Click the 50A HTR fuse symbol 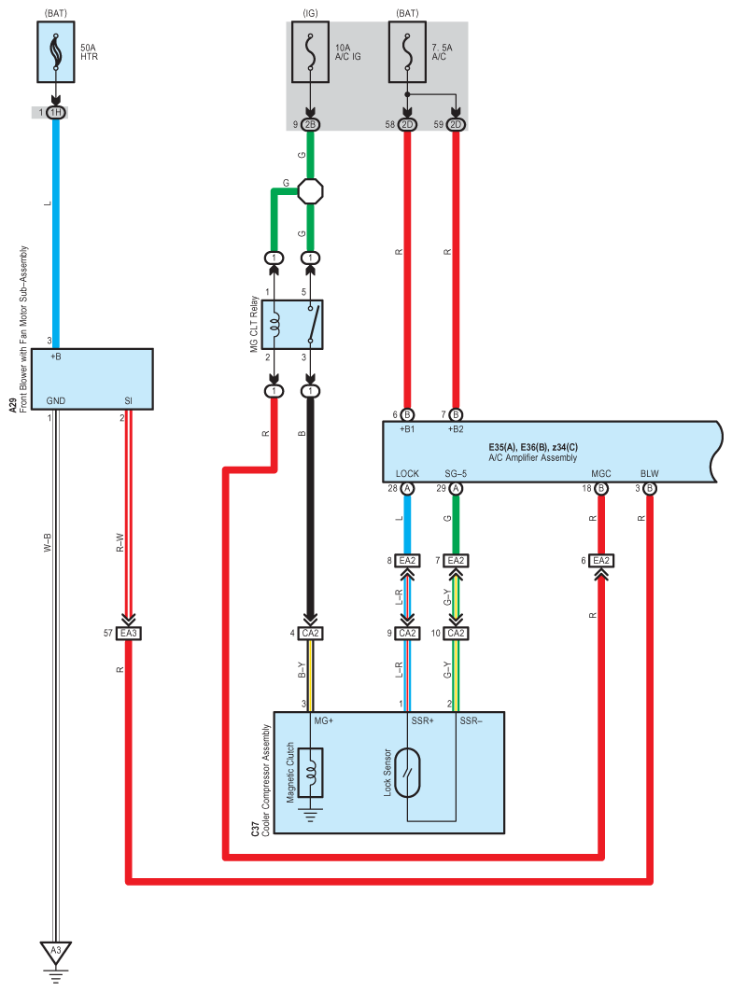[x=56, y=52]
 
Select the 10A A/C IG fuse [x=310, y=52]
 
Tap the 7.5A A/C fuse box [x=407, y=52]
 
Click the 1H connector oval [x=56, y=113]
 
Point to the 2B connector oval [x=310, y=125]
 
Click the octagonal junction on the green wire [x=310, y=190]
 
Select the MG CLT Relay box [x=292, y=325]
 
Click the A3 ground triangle [x=56, y=952]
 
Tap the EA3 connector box [x=129, y=633]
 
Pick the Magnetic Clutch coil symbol [x=310, y=773]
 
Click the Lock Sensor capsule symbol [x=407, y=773]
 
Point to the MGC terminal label [x=601, y=473]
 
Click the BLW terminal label [x=650, y=473]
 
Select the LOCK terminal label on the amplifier [x=407, y=473]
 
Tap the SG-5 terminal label [x=456, y=473]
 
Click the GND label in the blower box [x=56, y=400]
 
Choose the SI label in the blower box [x=129, y=400]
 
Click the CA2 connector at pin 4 [x=310, y=633]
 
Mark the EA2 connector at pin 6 [x=601, y=561]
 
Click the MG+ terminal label [x=324, y=720]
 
